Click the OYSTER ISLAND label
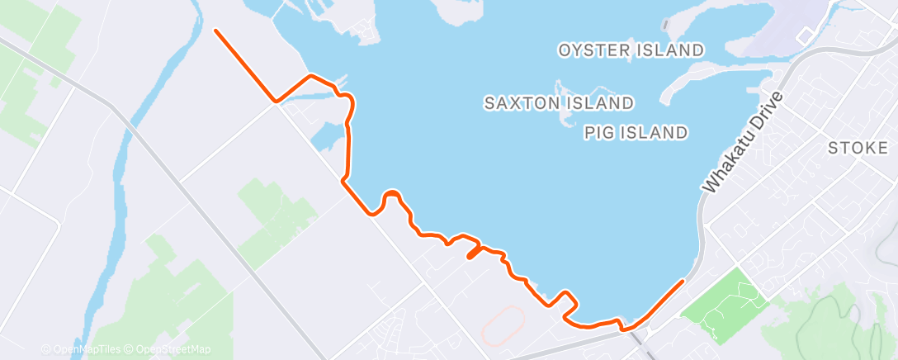click(x=631, y=50)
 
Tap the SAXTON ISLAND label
click(x=559, y=103)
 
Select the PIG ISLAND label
click(x=636, y=132)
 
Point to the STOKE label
click(x=857, y=148)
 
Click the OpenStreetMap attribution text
click(x=171, y=349)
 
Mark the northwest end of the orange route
click(x=216, y=31)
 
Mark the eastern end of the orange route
click(x=683, y=282)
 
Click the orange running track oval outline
click(x=500, y=327)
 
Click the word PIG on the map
click(x=598, y=132)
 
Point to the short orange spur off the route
click(x=473, y=253)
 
